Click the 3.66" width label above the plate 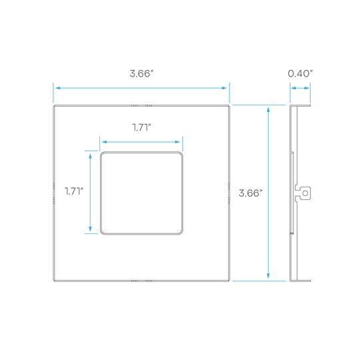pos(141,74)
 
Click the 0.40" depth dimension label pos(300,74)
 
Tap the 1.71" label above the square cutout pos(141,127)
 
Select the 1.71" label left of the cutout pos(74,191)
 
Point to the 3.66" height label pos(251,193)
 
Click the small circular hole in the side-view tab pos(305,193)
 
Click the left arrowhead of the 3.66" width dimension pos(58,88)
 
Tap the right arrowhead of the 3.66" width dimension pos(224,88)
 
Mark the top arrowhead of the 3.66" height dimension pos(268,110)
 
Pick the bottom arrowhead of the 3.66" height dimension pos(268,276)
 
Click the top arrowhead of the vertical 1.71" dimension pos(90,156)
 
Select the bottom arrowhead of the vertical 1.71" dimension pos(90,229)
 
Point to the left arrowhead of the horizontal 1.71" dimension pos(105,142)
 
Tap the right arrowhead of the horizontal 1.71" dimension pos(177,142)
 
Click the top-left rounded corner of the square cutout pos(103,154)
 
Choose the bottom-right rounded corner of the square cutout pos(181,232)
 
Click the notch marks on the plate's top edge pos(141,105)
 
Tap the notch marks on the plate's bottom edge pos(141,281)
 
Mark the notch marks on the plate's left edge pos(54,193)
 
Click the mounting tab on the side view pos(303,193)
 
